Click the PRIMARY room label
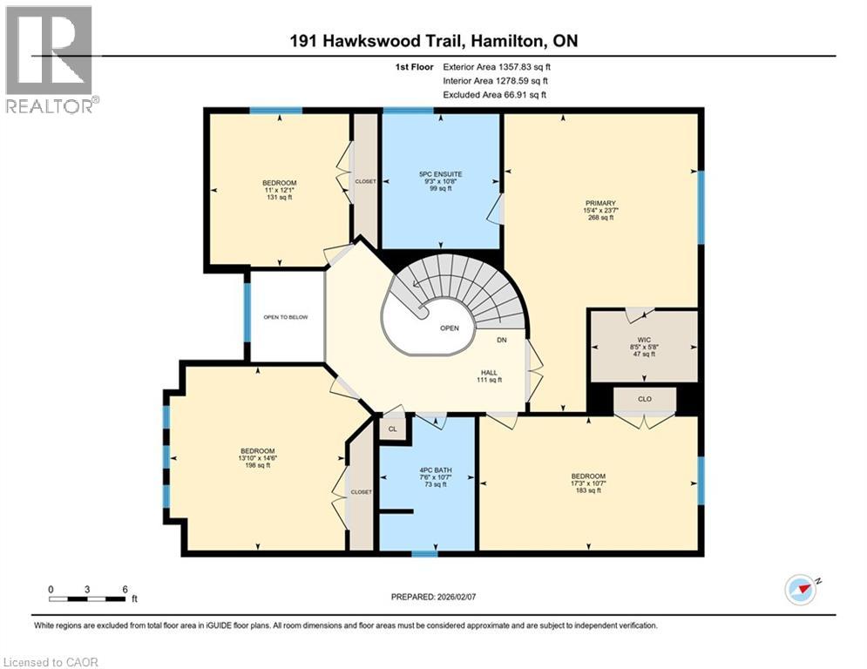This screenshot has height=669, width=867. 599,200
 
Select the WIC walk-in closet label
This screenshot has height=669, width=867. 643,340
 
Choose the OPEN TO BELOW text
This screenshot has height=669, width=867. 285,317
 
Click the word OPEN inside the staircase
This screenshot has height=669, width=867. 449,328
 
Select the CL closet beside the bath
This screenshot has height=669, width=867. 392,429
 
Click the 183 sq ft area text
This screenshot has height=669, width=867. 588,491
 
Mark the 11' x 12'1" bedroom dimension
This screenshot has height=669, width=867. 276,189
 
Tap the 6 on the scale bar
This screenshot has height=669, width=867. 125,589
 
